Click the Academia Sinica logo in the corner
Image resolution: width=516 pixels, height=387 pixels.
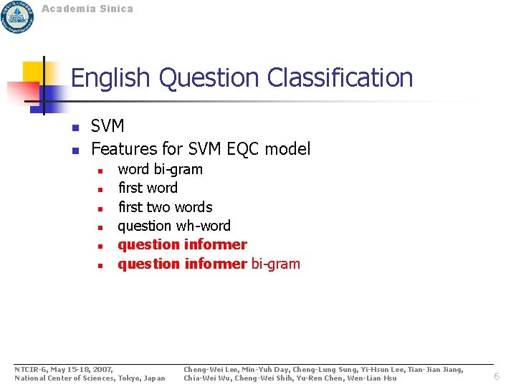pyautogui.click(x=17, y=16)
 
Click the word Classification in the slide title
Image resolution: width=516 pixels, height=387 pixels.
pyautogui.click(x=340, y=77)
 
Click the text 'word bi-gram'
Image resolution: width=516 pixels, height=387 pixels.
pyautogui.click(x=160, y=169)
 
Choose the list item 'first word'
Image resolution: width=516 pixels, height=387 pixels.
pyautogui.click(x=148, y=188)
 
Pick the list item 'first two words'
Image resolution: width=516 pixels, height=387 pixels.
pyautogui.click(x=165, y=207)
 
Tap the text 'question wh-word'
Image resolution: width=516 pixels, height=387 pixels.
pyautogui.click(x=174, y=226)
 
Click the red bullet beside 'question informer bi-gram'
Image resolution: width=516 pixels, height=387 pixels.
pyautogui.click(x=102, y=265)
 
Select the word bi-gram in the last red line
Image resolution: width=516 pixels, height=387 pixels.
pyautogui.click(x=276, y=264)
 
